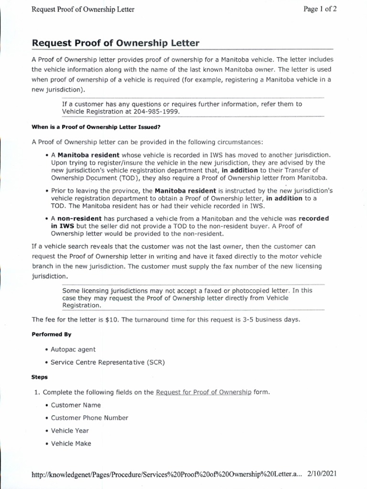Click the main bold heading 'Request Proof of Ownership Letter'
[x=115, y=43]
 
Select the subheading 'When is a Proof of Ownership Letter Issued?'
[x=96, y=127]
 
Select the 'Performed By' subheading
[x=52, y=334]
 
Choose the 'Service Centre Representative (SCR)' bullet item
[x=108, y=362]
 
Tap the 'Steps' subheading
[x=40, y=377]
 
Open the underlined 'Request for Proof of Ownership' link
[x=204, y=392]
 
